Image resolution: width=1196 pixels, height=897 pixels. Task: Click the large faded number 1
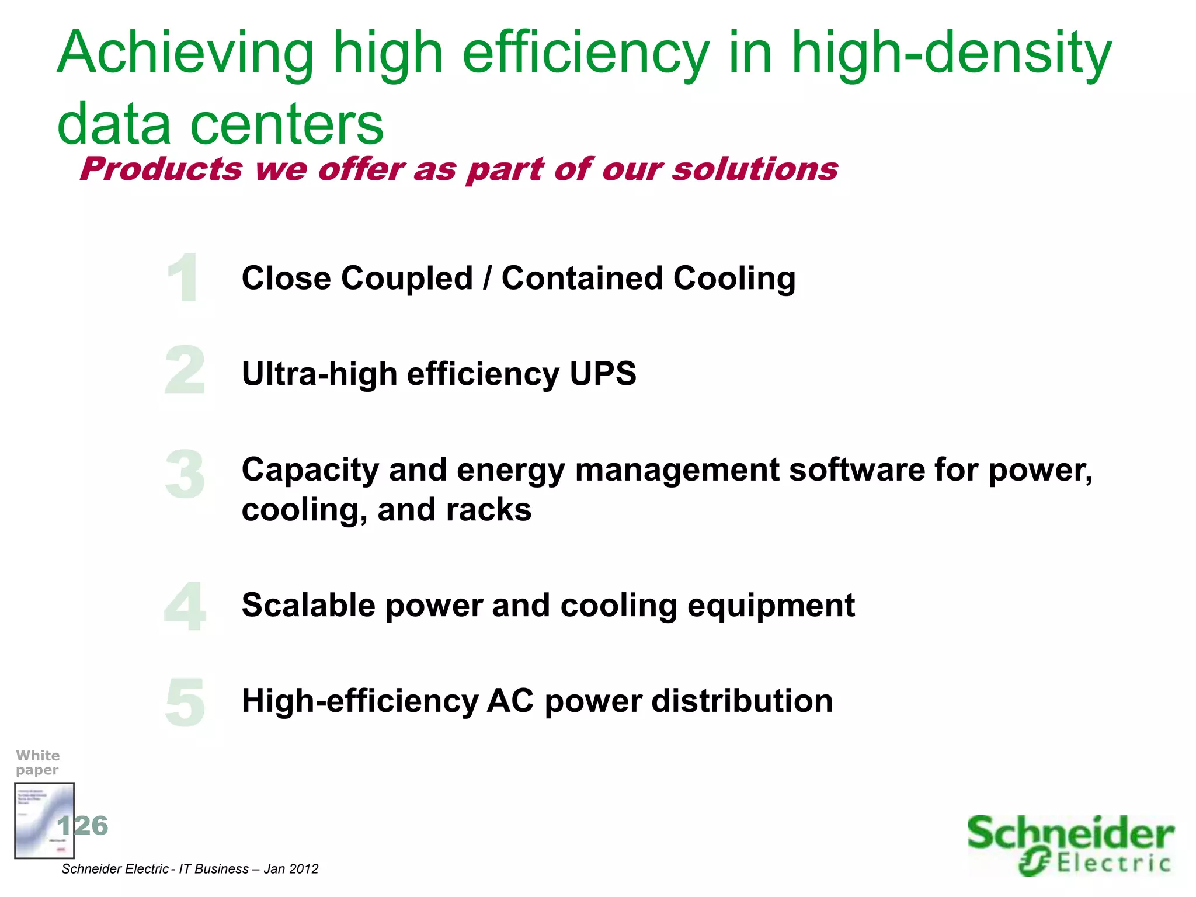(x=183, y=278)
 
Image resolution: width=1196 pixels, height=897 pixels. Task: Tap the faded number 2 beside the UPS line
(x=185, y=370)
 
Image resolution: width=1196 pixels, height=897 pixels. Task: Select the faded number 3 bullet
(x=185, y=474)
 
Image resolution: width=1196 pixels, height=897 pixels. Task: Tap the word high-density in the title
(x=951, y=54)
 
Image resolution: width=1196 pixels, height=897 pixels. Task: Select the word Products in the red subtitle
(x=161, y=169)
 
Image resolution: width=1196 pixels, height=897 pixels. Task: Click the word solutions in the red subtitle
(x=755, y=169)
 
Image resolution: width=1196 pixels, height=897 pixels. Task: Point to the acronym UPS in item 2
(x=603, y=374)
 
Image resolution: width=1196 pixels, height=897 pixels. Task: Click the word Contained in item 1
(x=582, y=278)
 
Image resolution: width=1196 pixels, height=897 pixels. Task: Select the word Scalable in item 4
(x=309, y=605)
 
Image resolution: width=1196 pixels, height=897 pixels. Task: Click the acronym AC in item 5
(x=510, y=701)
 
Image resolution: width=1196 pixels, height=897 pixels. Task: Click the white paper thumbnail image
(x=44, y=820)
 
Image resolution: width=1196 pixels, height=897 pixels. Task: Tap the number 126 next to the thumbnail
(x=83, y=826)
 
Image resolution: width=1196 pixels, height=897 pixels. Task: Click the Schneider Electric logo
(x=1070, y=845)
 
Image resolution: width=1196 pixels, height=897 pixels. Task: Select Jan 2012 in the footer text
(x=291, y=869)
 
